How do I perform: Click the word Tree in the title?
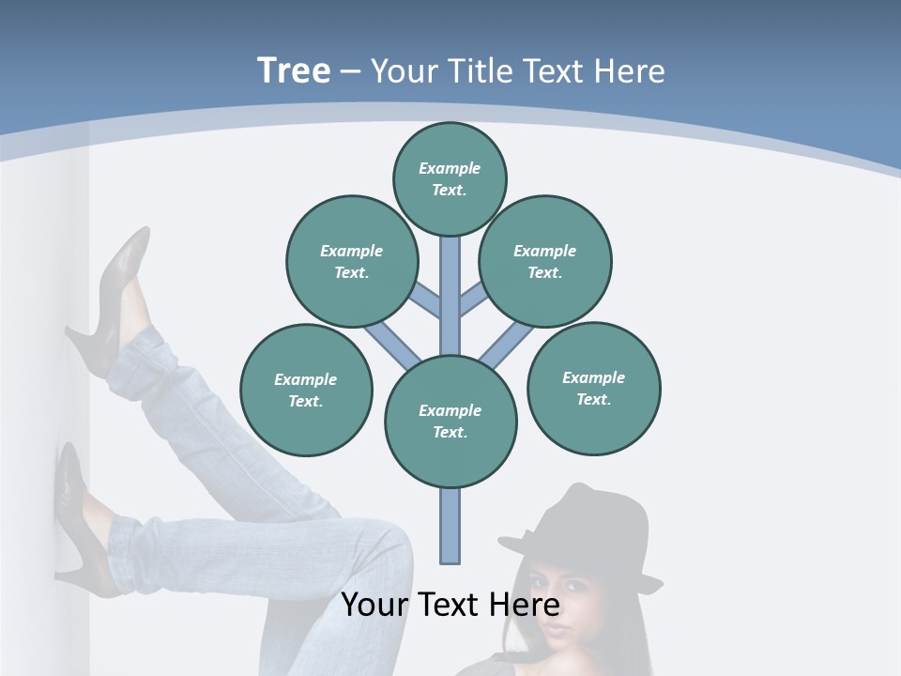[294, 70]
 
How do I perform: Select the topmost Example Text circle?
[450, 178]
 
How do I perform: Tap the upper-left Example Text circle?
[352, 261]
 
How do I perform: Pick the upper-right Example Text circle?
[545, 261]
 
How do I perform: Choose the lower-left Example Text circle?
[306, 390]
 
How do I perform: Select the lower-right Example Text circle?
[594, 388]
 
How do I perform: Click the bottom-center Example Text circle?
[450, 421]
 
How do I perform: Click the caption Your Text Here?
[450, 605]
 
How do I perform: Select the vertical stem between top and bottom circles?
[450, 291]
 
